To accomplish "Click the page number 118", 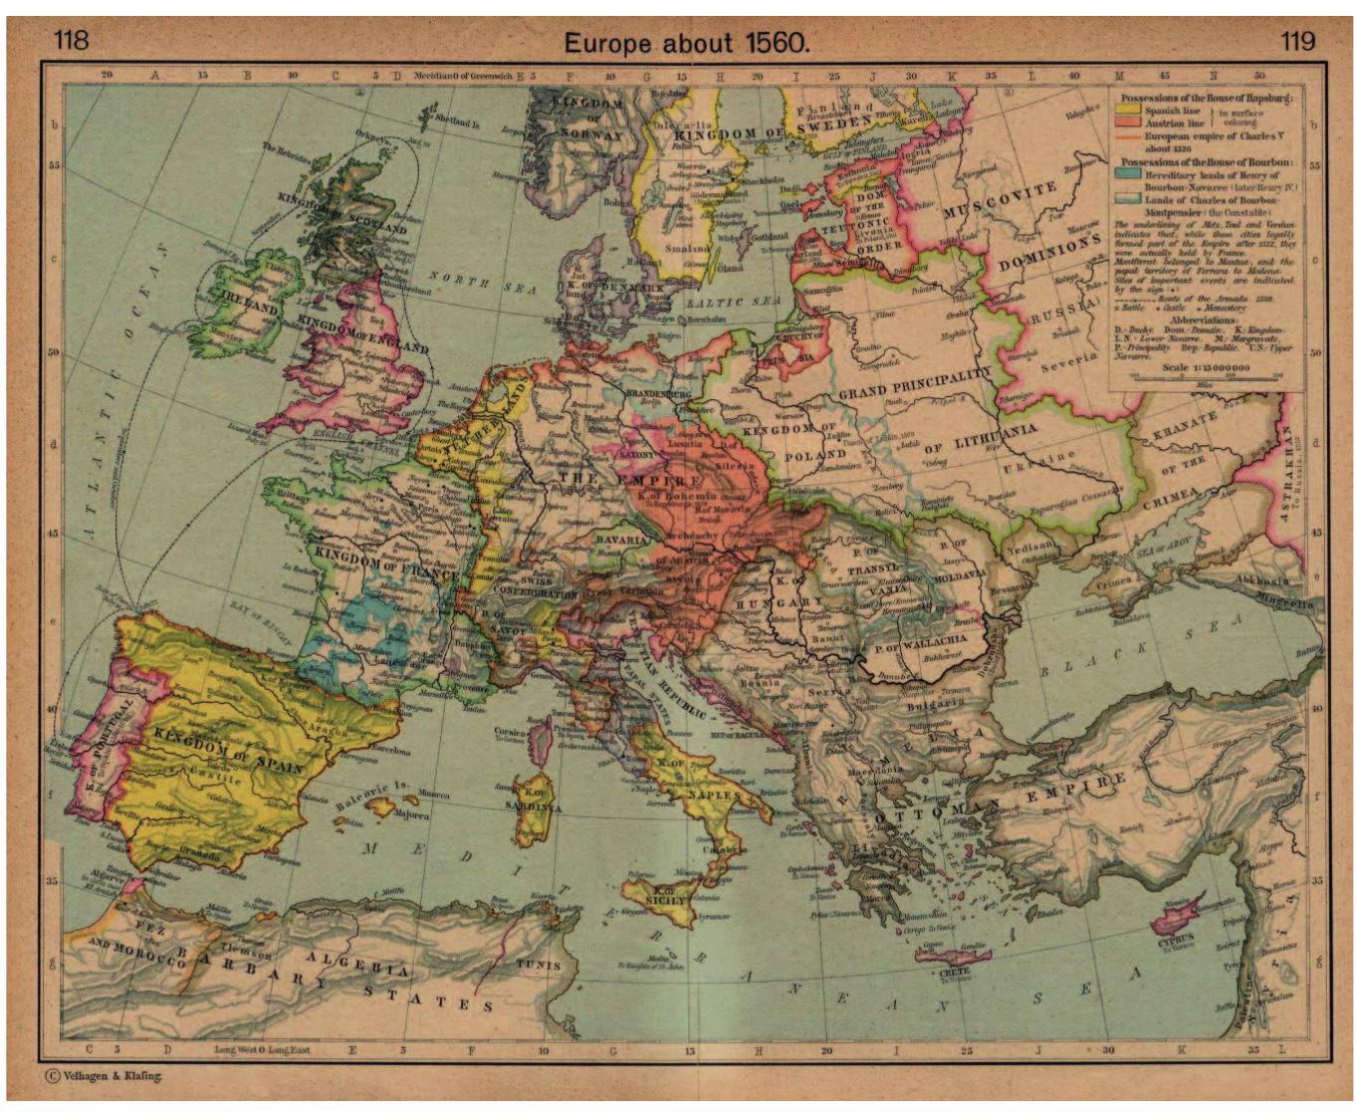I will coord(71,40).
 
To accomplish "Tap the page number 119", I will coord(1297,41).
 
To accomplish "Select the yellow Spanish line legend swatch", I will coord(1129,112).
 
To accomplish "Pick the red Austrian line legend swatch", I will coord(1129,122).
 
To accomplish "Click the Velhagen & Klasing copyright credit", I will coord(103,1075).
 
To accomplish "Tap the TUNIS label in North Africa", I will coord(538,964).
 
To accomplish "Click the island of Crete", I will coord(953,957).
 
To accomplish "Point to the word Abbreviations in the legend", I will coord(1205,321).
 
